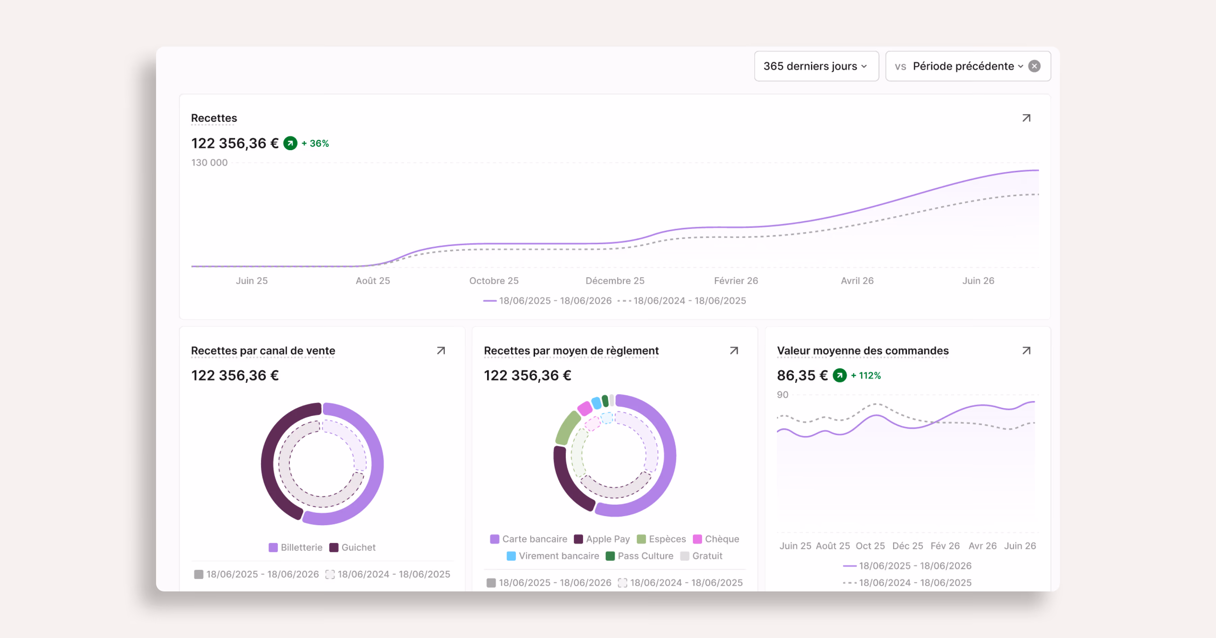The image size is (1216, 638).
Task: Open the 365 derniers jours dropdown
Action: pyautogui.click(x=816, y=66)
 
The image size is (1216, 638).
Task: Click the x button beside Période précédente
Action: pyautogui.click(x=1034, y=66)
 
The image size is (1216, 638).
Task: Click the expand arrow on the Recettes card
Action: pyautogui.click(x=1026, y=118)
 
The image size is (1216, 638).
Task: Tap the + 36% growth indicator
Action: pyautogui.click(x=315, y=143)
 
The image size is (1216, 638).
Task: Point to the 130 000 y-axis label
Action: pyautogui.click(x=209, y=162)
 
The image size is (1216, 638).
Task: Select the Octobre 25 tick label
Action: pyautogui.click(x=494, y=281)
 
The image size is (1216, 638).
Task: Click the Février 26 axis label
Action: pyautogui.click(x=736, y=281)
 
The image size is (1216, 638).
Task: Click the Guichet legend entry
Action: pyautogui.click(x=353, y=548)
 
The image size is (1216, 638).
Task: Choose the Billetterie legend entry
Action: pyautogui.click(x=296, y=548)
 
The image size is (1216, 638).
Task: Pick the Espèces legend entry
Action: pyautogui.click(x=661, y=539)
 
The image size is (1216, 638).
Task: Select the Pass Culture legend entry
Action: pyautogui.click(x=640, y=556)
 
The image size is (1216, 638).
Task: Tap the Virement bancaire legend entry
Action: pyautogui.click(x=553, y=556)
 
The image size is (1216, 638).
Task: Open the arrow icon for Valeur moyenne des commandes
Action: pyautogui.click(x=1026, y=351)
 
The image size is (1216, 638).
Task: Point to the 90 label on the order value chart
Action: pyautogui.click(x=783, y=395)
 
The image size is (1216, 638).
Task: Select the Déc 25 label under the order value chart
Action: pyautogui.click(x=907, y=546)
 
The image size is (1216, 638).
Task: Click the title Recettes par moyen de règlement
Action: pyautogui.click(x=571, y=351)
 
